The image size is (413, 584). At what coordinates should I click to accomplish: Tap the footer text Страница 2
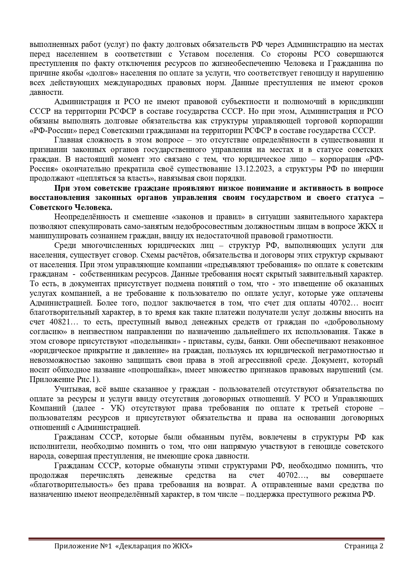point(364,546)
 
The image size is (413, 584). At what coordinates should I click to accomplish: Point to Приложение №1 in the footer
point(82,546)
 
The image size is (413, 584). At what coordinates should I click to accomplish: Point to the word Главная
point(68,140)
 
